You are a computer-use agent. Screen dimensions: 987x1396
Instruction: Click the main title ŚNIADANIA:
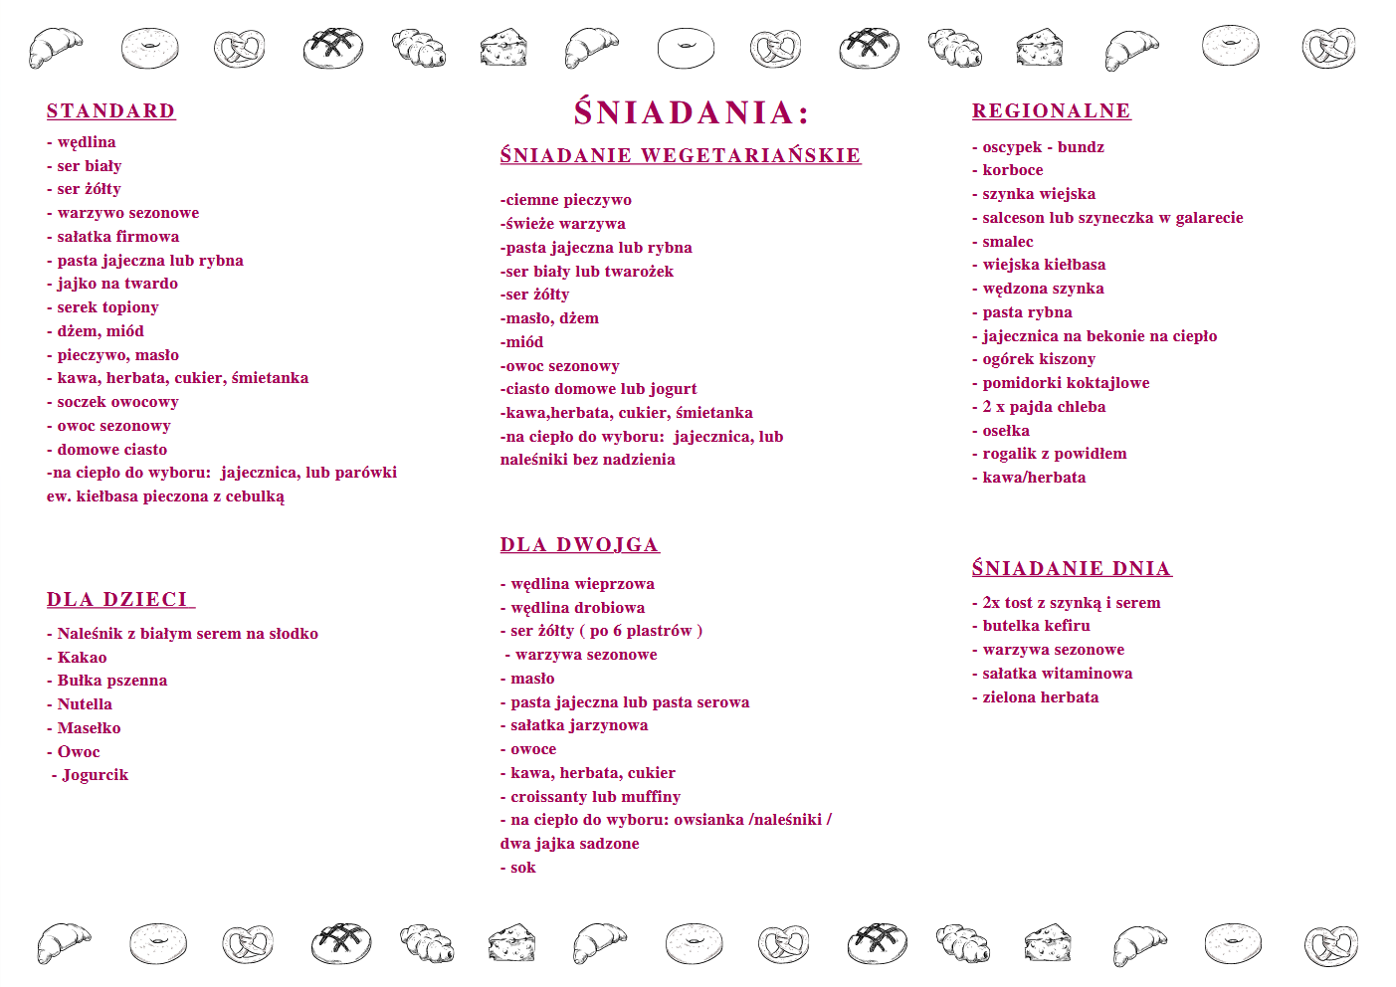pyautogui.click(x=692, y=112)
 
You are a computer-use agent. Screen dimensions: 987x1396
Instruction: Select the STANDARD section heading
pyautogui.click(x=111, y=111)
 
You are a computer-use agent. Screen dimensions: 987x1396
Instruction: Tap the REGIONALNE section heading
pyautogui.click(x=1051, y=111)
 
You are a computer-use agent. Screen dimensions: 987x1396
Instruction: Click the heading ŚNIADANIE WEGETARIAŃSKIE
pyautogui.click(x=681, y=155)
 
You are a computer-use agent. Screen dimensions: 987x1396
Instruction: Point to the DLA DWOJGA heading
pyautogui.click(x=579, y=544)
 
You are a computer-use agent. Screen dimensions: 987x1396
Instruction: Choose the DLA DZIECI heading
pyautogui.click(x=118, y=599)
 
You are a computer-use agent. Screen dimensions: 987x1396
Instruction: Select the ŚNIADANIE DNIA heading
pyautogui.click(x=1072, y=568)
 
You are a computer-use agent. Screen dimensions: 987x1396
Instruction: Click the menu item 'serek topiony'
pyautogui.click(x=107, y=307)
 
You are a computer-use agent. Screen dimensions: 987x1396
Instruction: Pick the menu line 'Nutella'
pyautogui.click(x=85, y=704)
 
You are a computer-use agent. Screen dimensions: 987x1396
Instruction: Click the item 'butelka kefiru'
pyautogui.click(x=1036, y=626)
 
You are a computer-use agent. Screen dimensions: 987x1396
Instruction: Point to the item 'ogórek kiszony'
pyautogui.click(x=1039, y=359)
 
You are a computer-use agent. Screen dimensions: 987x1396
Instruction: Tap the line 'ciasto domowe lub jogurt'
pyautogui.click(x=600, y=389)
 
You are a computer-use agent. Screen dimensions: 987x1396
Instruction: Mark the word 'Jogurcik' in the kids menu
pyautogui.click(x=95, y=775)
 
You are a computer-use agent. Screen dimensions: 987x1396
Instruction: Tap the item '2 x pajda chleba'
pyautogui.click(x=1044, y=407)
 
